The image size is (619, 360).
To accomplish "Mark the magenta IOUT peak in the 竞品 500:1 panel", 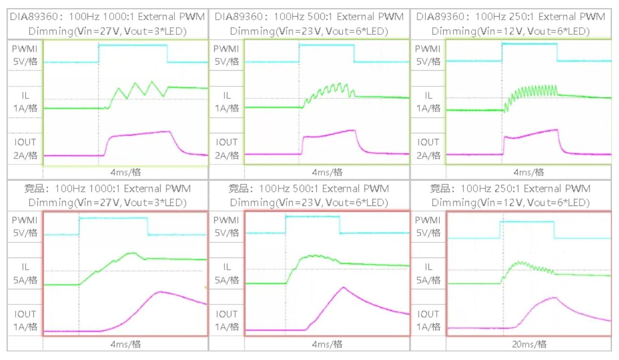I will pos(343,287).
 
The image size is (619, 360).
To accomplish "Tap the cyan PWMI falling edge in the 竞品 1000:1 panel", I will pos(148,226).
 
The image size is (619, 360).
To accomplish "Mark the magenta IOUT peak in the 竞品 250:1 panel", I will pos(555,297).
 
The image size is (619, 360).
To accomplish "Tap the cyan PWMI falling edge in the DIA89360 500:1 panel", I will pos(354,53).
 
